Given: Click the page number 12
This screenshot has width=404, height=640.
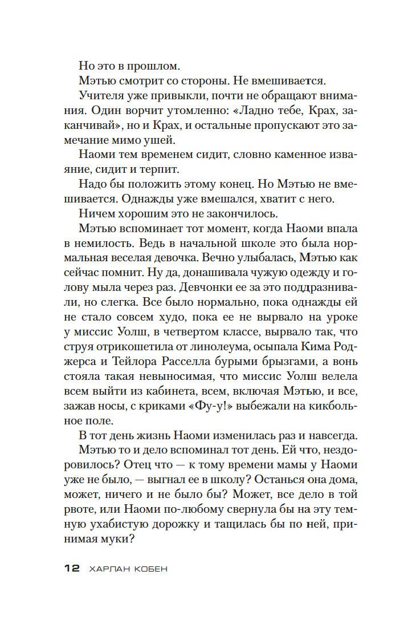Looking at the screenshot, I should [x=70, y=569].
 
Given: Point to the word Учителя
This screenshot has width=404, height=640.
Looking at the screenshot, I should [x=102, y=94].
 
